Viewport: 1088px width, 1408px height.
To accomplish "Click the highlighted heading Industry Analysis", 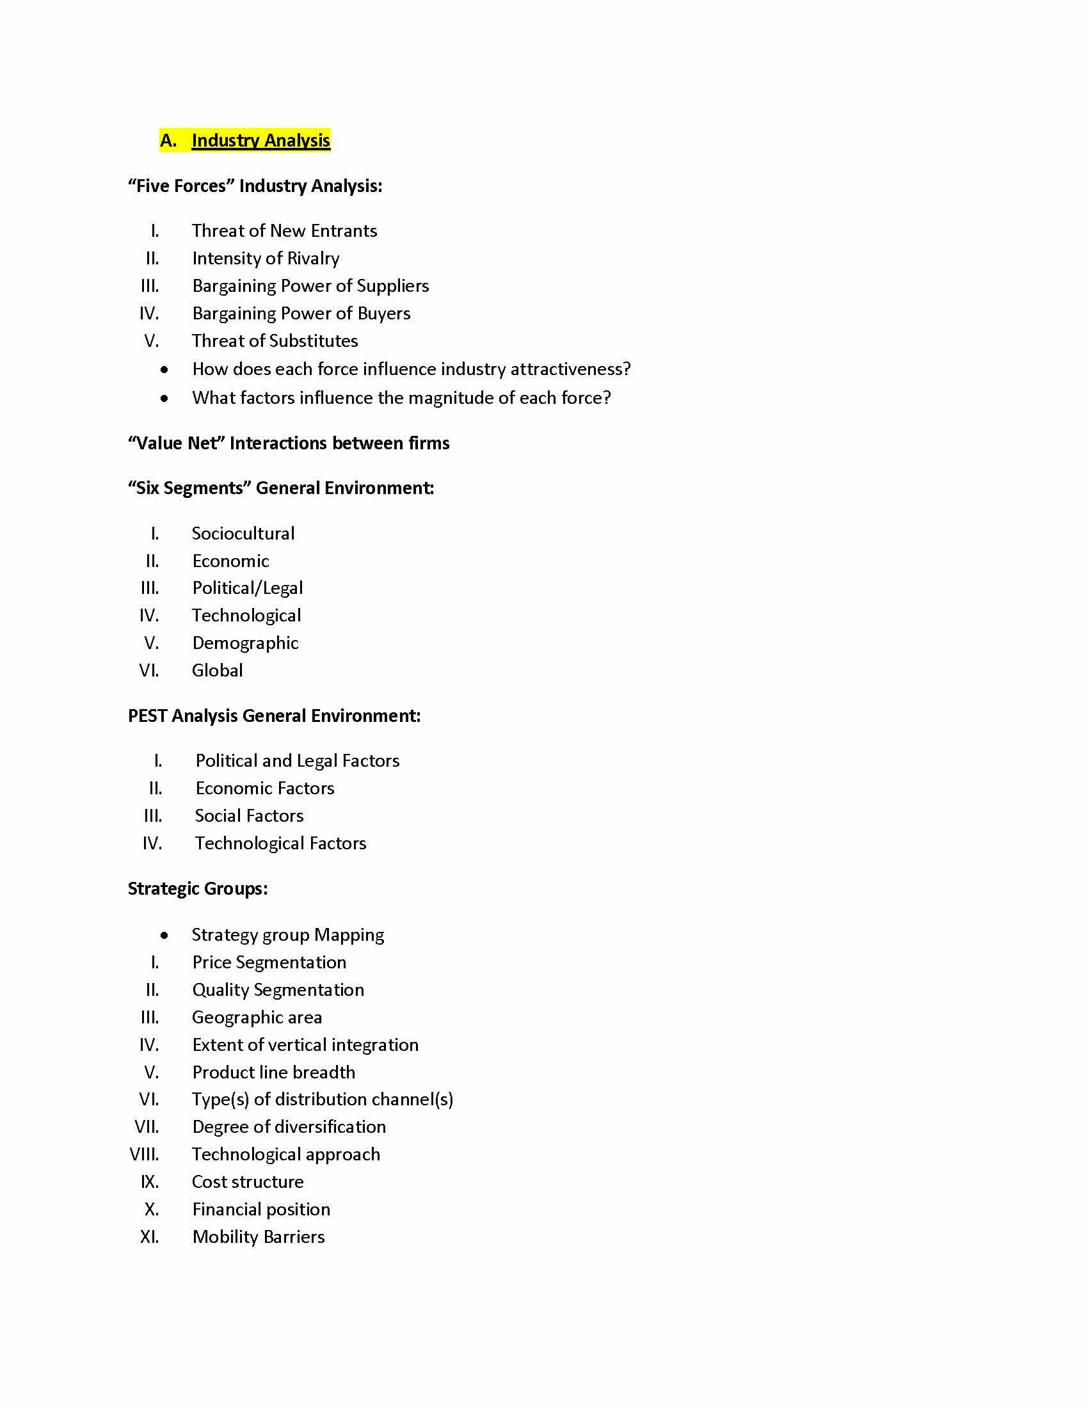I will (260, 141).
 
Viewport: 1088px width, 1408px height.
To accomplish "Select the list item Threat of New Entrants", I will (284, 231).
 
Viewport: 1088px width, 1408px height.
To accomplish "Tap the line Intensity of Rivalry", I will (266, 259).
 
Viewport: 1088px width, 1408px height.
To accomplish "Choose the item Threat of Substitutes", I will (275, 341).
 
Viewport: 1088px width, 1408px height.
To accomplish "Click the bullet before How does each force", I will (165, 370).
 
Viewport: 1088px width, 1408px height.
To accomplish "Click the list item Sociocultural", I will (243, 534).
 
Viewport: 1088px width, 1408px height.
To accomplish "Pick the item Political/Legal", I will (248, 588).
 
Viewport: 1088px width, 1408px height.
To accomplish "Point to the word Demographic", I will (245, 643).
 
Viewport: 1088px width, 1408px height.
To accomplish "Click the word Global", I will (217, 671).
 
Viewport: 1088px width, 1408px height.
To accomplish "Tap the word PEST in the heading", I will (148, 716).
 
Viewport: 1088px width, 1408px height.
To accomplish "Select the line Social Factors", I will (249, 816).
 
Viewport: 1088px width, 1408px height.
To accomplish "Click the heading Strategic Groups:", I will (197, 889).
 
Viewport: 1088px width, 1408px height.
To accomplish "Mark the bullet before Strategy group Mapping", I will (165, 936).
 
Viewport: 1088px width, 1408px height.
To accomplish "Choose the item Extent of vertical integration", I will (305, 1045).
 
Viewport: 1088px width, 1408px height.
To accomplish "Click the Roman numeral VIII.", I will (145, 1155).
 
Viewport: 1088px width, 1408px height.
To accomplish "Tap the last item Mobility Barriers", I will (258, 1237).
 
